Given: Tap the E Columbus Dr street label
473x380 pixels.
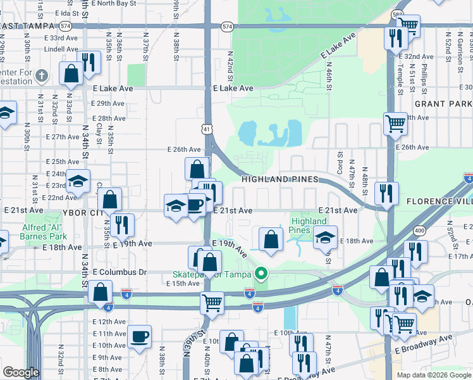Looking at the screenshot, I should click(119, 272).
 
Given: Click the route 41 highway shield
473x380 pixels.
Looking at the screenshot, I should click(207, 129).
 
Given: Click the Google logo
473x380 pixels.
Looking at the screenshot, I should click(21, 372).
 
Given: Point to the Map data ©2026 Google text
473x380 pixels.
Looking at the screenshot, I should click(433, 375).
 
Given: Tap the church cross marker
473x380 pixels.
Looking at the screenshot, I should click(42, 77).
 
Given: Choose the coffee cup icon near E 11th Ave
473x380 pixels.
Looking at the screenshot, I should click(139, 336).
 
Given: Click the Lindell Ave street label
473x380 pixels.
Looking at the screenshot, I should click(61, 49).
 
